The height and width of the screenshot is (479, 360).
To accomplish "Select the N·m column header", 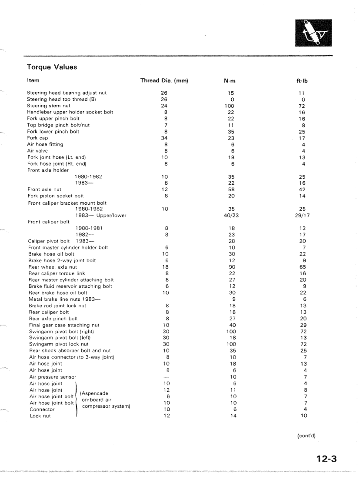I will point(230,81).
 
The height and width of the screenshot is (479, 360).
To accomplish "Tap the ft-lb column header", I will point(303,81).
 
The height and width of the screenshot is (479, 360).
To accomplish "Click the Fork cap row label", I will point(37,138).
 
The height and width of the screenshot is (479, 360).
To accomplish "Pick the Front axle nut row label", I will point(44,190).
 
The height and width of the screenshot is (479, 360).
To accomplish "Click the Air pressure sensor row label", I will point(52,377).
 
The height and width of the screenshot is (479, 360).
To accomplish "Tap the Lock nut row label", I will point(40,416).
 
